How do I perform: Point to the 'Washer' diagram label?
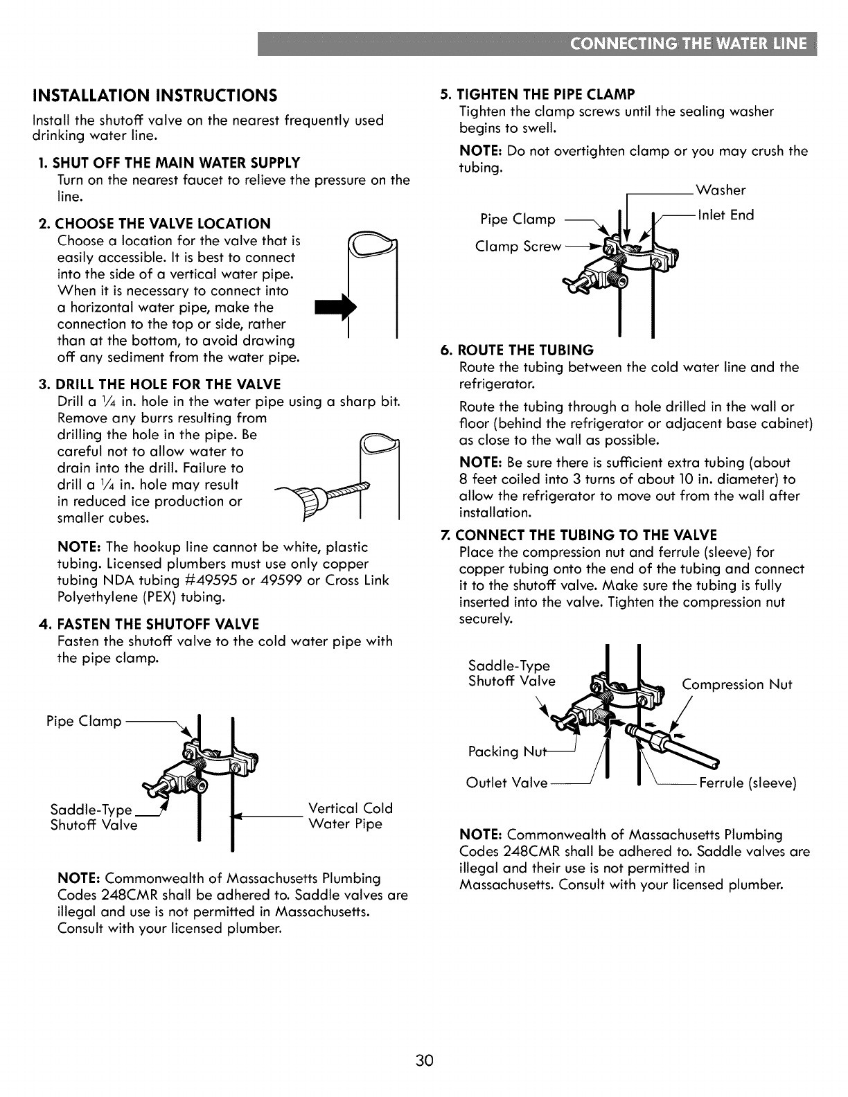pos(721,190)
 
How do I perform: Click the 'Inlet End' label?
pos(725,215)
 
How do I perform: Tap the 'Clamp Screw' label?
pos(518,247)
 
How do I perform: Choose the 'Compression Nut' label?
pos(736,685)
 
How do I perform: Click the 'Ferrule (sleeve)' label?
pos(748,783)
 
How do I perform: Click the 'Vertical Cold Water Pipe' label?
pos(350,816)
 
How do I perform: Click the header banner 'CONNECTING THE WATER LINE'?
pos(689,44)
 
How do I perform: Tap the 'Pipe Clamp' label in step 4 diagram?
pos(83,721)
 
